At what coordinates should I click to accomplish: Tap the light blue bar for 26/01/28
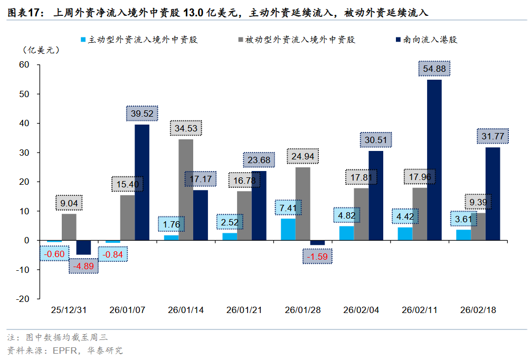tap(288, 229)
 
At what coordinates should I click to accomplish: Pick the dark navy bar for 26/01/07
tap(141, 182)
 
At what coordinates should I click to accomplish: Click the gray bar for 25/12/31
tap(69, 227)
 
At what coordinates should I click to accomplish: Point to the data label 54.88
tap(434, 69)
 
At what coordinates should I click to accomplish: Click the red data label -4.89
tap(84, 266)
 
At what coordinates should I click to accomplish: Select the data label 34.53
tap(186, 128)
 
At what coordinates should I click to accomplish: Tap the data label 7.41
tap(288, 207)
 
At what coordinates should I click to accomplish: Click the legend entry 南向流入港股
tap(429, 40)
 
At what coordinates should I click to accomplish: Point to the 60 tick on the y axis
tap(24, 64)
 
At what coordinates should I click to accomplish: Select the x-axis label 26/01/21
tap(244, 310)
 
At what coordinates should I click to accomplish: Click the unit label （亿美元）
tap(41, 51)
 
